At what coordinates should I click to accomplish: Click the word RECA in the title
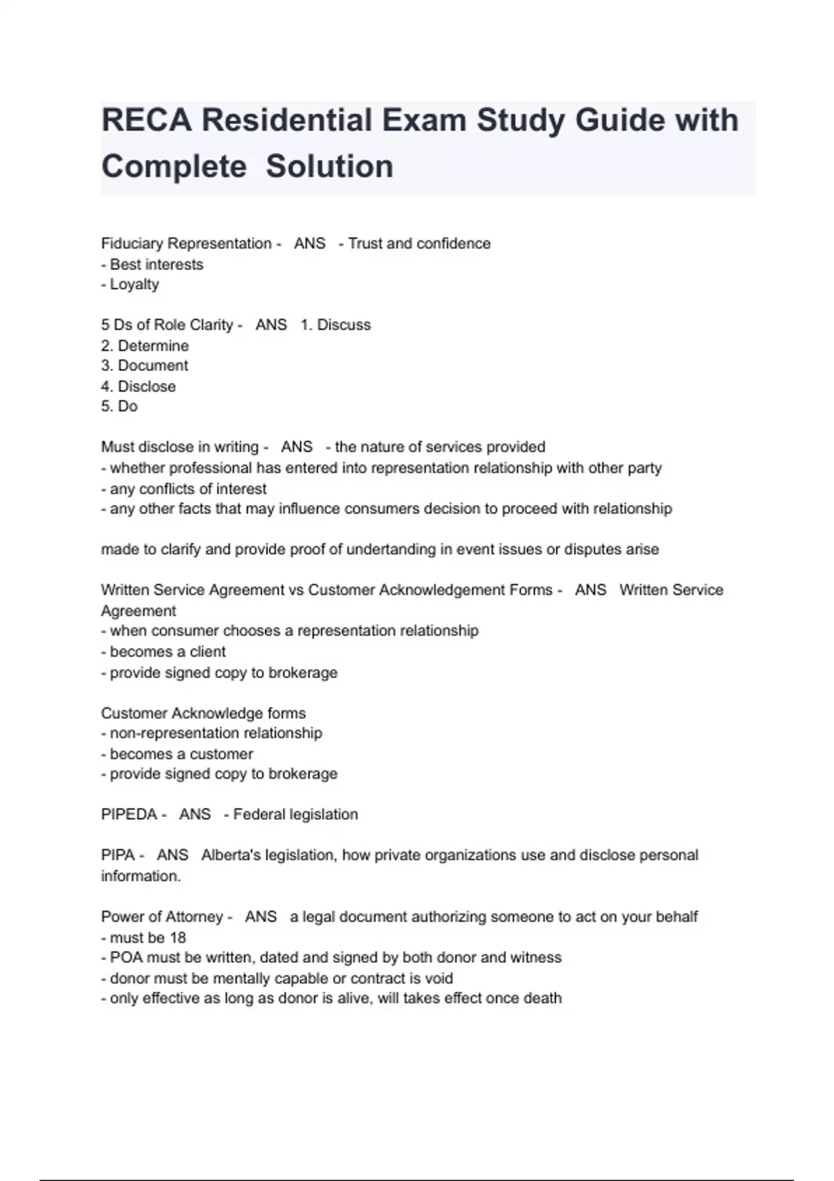click(x=146, y=120)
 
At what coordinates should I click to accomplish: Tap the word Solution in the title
click(x=329, y=167)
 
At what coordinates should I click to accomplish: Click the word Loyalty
click(x=134, y=284)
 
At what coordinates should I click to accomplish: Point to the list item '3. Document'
click(x=145, y=365)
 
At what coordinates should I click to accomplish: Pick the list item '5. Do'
click(x=120, y=406)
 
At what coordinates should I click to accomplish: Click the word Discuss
click(x=344, y=325)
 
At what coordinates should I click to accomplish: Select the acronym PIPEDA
click(x=129, y=814)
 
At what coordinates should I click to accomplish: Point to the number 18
click(x=177, y=937)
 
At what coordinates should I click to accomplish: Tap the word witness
click(x=535, y=957)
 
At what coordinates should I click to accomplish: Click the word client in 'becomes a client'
click(x=207, y=652)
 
